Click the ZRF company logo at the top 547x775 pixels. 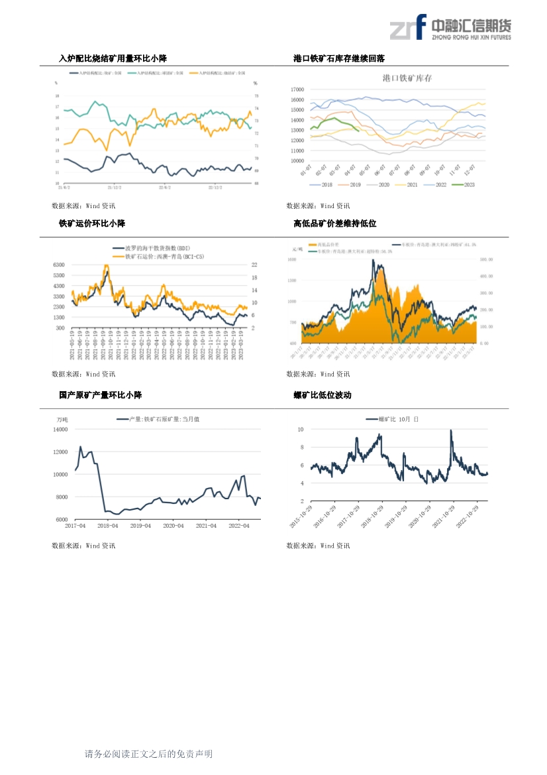point(450,28)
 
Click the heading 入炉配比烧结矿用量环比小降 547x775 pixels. point(113,59)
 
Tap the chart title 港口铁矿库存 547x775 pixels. point(407,78)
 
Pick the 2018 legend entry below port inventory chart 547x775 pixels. point(322,184)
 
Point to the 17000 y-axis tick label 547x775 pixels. point(297,89)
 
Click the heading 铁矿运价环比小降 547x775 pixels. point(92,223)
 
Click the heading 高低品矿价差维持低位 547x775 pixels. point(335,223)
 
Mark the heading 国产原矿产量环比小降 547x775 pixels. point(100,395)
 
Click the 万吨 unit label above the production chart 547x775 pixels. point(62,419)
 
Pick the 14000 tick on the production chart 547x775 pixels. point(60,430)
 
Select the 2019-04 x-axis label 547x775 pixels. point(140,526)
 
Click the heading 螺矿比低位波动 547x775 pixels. point(323,395)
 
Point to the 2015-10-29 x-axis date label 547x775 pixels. point(302,515)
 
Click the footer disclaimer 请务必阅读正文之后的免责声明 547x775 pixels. point(148,754)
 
